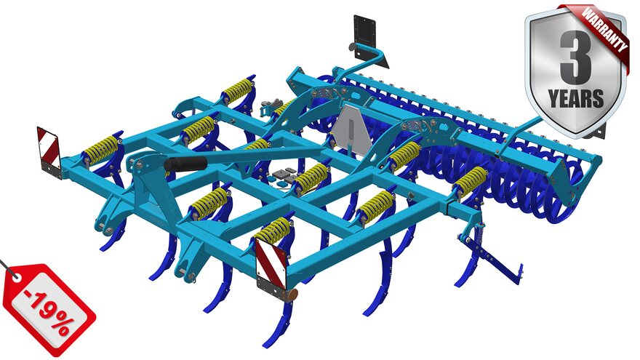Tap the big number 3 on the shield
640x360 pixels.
[x=575, y=55]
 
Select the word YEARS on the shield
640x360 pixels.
[x=575, y=99]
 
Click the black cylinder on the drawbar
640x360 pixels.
[x=185, y=164]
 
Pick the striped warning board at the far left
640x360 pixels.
[x=49, y=146]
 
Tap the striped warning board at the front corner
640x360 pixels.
[x=271, y=259]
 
